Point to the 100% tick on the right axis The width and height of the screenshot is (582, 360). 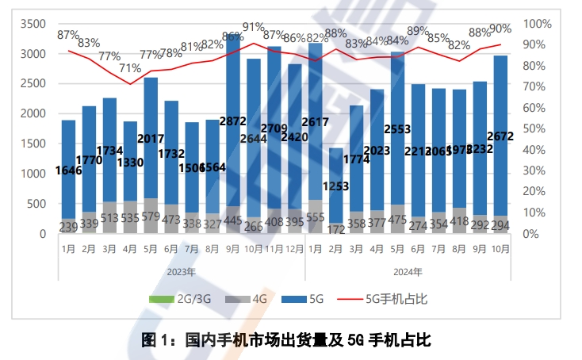tap(536, 24)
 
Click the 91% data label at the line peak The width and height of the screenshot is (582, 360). tap(254, 27)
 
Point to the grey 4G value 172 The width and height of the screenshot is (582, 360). tap(336, 228)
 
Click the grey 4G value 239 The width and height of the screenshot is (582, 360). tap(69, 227)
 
